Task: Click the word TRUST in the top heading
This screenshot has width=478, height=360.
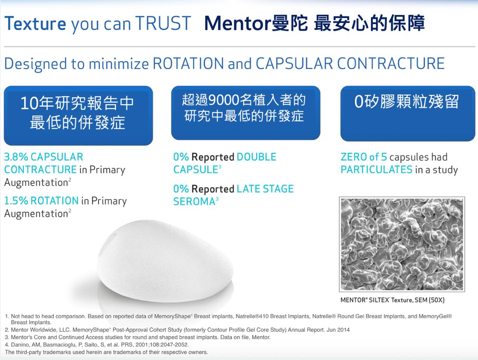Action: tap(163, 23)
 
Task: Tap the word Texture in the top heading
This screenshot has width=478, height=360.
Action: tap(35, 23)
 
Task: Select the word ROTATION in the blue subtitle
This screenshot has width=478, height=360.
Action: tap(188, 64)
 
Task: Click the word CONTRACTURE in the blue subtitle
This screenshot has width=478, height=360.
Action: tap(391, 64)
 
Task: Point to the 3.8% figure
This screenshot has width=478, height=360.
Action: tap(16, 157)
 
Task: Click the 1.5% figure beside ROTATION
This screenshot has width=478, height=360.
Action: tap(16, 201)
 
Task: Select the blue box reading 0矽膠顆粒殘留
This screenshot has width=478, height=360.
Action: tap(408, 113)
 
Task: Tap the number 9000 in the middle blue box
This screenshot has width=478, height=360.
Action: tap(224, 100)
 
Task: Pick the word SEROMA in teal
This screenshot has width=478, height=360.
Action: tap(194, 201)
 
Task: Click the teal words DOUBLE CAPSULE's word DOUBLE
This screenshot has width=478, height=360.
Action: tap(257, 157)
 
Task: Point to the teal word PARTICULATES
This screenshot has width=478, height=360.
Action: tap(377, 169)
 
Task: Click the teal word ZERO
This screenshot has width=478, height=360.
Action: tap(354, 157)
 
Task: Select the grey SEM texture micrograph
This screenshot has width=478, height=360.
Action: tap(402, 244)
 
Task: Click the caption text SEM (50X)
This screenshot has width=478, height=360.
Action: tap(430, 300)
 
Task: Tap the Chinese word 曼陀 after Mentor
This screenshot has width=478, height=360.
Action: tap(290, 23)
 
